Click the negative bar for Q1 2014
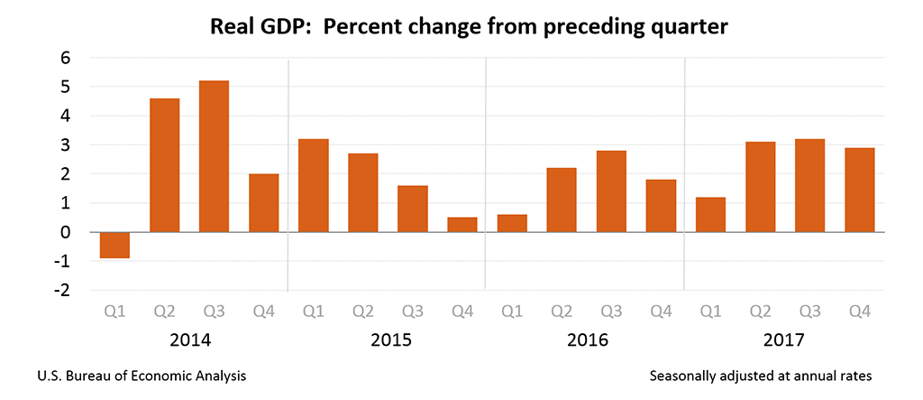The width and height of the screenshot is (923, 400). (x=114, y=245)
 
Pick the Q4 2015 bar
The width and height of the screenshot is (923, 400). (x=462, y=225)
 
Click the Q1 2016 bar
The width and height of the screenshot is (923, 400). (x=512, y=223)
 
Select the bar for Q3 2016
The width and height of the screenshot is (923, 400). (x=611, y=191)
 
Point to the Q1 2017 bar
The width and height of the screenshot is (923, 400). (x=710, y=215)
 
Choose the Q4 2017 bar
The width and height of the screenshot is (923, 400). (x=859, y=190)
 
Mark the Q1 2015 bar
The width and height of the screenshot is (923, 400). (x=314, y=185)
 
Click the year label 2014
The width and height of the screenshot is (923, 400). (x=189, y=341)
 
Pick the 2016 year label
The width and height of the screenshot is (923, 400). (x=587, y=341)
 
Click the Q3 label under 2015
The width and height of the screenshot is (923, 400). (x=413, y=312)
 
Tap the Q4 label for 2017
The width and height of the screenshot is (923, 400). (x=859, y=312)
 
